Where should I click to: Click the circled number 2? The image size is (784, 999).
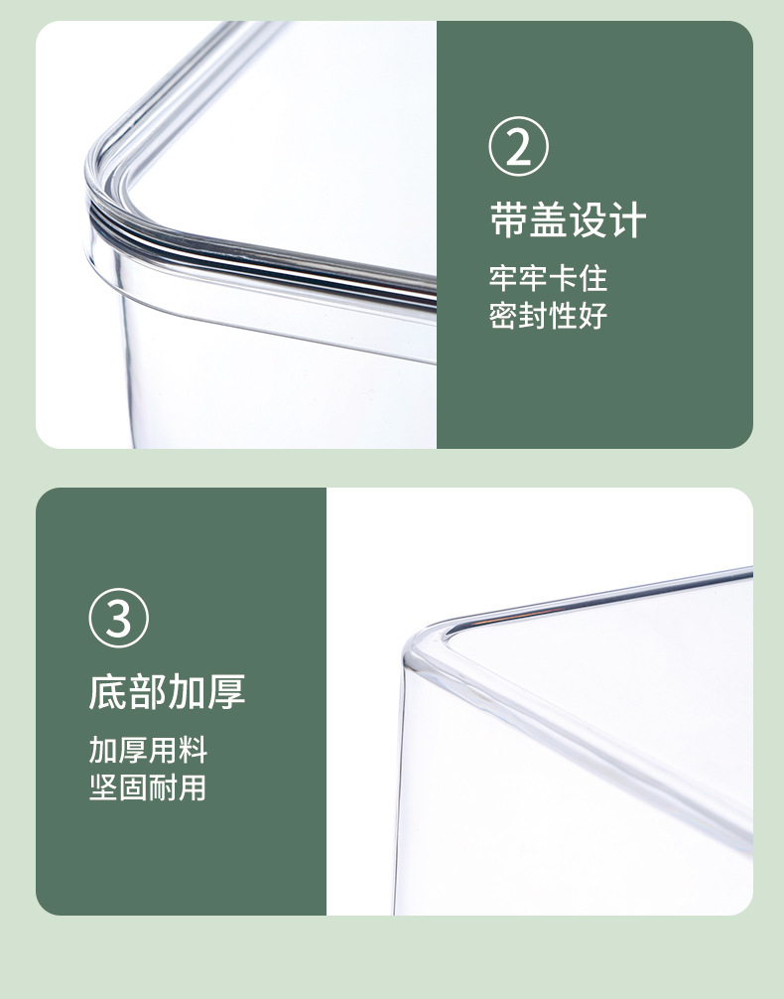518,147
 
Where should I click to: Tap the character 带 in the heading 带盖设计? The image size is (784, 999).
509,219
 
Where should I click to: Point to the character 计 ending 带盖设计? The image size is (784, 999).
627,219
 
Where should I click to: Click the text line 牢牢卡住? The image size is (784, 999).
547,277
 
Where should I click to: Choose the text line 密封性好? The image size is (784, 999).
547,317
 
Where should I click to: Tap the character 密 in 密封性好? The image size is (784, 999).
503,317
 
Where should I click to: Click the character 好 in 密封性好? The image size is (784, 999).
591,317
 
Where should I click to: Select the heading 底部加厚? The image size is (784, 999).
167,691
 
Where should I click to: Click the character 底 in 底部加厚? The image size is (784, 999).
108,691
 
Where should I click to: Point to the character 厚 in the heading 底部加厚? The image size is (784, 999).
226,691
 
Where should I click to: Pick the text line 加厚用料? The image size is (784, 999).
148,749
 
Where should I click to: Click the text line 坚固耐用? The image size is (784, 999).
148,788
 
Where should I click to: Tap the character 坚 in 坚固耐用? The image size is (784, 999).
103,788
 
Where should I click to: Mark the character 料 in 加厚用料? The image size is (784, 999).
193,749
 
